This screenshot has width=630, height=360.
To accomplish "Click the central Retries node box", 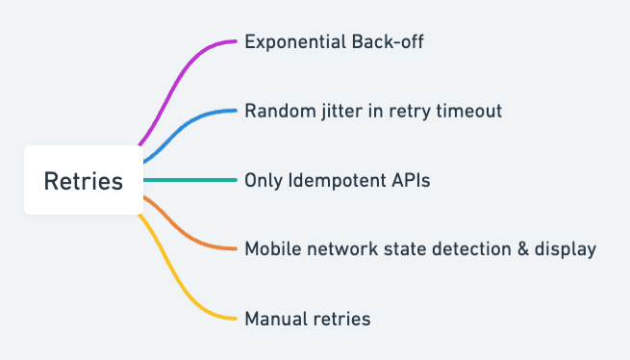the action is point(84,180).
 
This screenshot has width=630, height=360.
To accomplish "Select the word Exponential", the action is point(295,42).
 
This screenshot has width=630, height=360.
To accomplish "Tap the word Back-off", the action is point(388,41).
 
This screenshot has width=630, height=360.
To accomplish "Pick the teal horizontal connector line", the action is point(190,180).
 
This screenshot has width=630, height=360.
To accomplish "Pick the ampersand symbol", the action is point(523,249).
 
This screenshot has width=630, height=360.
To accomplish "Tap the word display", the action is point(566,250).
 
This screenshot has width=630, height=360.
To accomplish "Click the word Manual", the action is point(276,319).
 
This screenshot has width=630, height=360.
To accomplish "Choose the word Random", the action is point(281,111).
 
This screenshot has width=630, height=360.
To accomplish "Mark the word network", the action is point(342,249).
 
